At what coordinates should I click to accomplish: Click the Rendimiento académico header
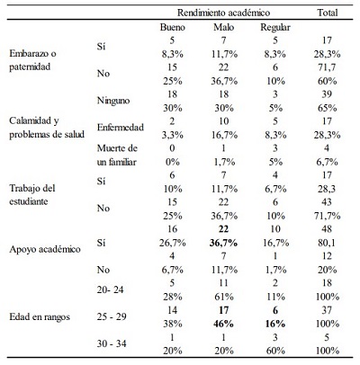223,13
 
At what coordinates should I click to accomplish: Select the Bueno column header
173,27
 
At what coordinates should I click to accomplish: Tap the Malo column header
224,27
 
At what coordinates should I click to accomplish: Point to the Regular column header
275,28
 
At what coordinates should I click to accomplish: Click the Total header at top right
328,13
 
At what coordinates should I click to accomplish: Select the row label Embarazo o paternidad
32,60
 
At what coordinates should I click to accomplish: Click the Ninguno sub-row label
113,101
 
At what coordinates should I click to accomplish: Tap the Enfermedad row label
121,128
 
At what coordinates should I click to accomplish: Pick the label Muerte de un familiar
117,155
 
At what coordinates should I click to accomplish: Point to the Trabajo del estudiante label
32,195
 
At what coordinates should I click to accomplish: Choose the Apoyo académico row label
45,249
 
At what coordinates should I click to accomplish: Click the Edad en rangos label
40,316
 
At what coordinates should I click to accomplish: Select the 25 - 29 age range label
112,316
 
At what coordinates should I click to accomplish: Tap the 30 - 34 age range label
112,343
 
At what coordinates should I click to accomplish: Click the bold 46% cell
224,324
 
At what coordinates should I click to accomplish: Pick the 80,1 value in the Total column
328,243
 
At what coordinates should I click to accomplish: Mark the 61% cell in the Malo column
224,297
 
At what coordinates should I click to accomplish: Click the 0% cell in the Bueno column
173,162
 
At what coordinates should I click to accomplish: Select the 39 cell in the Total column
327,94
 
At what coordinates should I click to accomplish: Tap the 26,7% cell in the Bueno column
173,243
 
